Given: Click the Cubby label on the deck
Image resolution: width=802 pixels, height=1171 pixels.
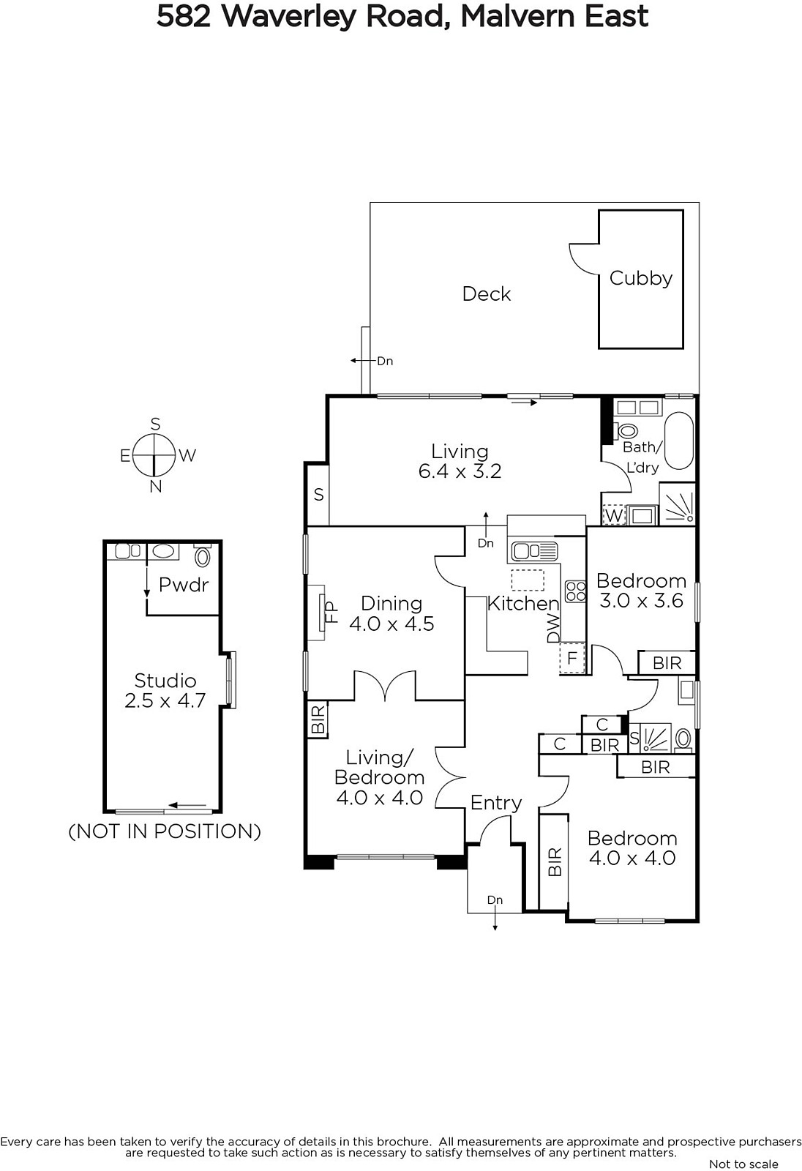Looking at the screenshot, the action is [x=641, y=278].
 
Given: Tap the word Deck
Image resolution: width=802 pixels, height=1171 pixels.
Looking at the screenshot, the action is [x=486, y=293].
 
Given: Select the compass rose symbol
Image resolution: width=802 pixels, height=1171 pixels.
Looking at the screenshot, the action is [x=153, y=454].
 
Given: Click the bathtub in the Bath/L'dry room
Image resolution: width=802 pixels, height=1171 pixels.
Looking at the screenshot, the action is [x=678, y=441].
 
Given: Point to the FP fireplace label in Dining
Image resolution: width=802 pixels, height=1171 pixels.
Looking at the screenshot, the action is [x=332, y=612].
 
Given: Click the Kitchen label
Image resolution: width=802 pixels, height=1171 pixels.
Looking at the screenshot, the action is [x=523, y=604].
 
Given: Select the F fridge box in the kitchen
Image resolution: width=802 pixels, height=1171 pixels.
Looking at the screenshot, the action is [x=572, y=657].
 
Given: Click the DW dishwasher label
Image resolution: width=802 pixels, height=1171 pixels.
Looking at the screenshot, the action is [x=553, y=629].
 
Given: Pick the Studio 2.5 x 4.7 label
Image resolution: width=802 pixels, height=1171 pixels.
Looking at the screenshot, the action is [x=165, y=690].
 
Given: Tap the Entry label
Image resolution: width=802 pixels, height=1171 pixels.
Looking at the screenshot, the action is [x=496, y=803].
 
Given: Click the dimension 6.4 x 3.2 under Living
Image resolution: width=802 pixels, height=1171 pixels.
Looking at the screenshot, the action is [x=460, y=471].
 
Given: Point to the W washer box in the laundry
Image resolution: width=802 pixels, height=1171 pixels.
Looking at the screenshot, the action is [x=614, y=515].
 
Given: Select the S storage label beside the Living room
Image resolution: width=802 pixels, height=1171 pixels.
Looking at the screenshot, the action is [x=318, y=495].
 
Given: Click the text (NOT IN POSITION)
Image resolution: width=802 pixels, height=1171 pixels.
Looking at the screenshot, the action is [x=165, y=831].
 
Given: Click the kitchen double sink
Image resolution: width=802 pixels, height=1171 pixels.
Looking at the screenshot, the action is [x=534, y=551].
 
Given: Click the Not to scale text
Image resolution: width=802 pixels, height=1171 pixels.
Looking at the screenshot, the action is [x=744, y=1164].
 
